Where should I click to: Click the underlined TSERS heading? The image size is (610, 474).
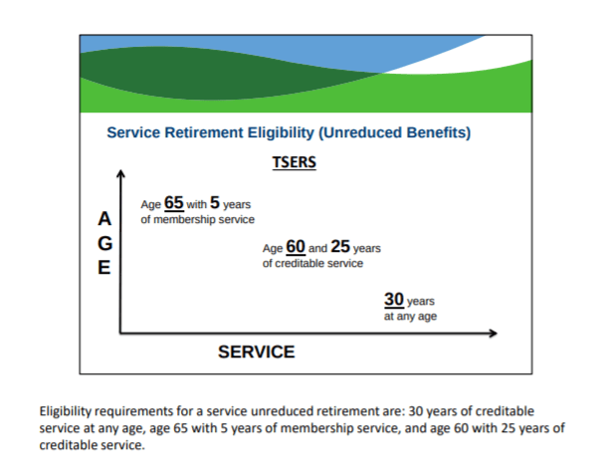[294, 162]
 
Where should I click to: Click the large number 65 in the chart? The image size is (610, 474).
[174, 202]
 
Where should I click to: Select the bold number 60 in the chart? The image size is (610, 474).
[296, 246]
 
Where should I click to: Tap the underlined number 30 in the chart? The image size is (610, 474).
[393, 299]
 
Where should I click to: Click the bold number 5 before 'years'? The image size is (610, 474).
[215, 202]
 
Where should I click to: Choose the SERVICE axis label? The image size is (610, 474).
[257, 352]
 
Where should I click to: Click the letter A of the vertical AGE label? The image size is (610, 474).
[103, 218]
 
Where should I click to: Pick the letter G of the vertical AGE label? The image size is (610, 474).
[103, 243]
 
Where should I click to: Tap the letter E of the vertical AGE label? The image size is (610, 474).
[103, 267]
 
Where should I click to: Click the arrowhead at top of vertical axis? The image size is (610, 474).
[120, 176]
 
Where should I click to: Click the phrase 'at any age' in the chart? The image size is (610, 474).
[410, 316]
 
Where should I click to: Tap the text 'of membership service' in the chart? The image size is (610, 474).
[197, 219]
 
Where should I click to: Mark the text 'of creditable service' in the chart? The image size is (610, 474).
[312, 264]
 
